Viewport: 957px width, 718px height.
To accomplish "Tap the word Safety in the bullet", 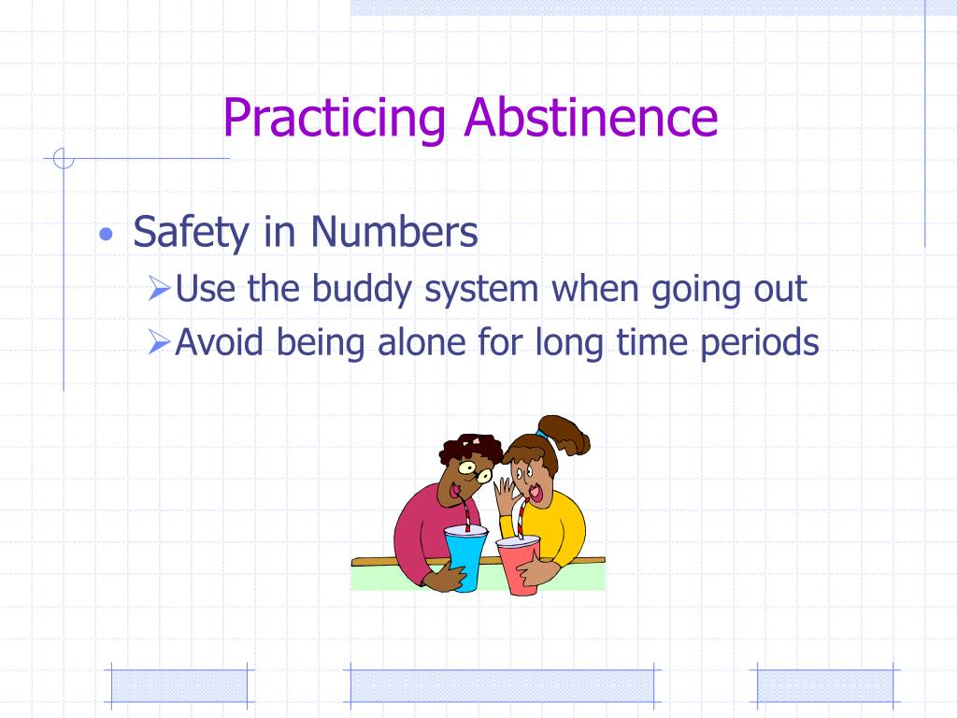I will click(192, 232).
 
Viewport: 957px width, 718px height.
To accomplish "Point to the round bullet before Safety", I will click(108, 235).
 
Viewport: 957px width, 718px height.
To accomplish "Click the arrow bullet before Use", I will click(158, 291).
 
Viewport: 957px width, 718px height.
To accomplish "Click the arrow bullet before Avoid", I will click(158, 345).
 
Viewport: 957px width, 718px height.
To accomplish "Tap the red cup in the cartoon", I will click(520, 565).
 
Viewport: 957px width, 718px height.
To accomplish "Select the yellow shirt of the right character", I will click(561, 528).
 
